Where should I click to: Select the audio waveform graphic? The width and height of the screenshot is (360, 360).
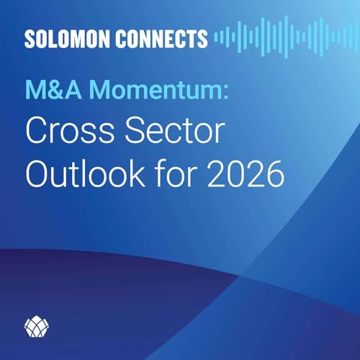pyautogui.click(x=274, y=38)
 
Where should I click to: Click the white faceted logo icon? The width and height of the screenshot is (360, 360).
pyautogui.click(x=35, y=327)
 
